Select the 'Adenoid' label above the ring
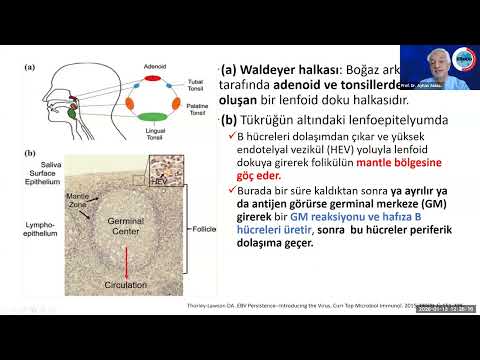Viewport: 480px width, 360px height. pos(155,66)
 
